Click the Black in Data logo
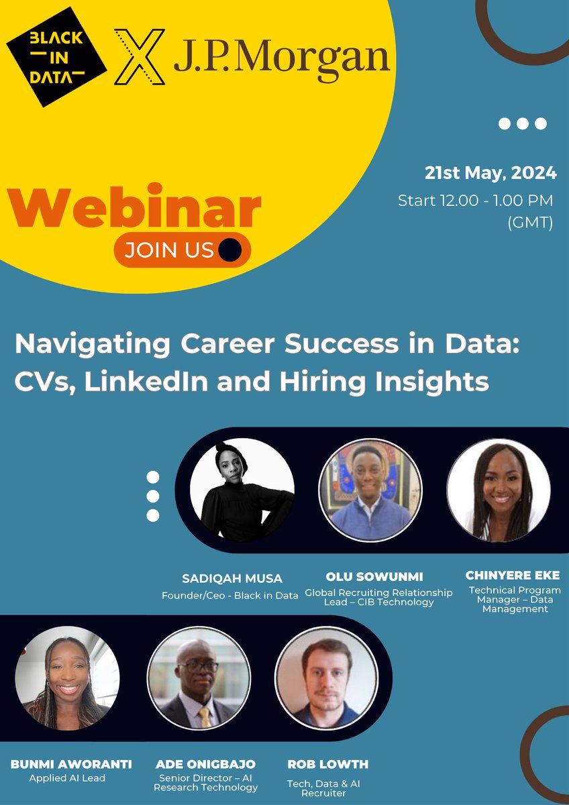56,57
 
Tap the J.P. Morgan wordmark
282,58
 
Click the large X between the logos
139,57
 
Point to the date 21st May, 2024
490,172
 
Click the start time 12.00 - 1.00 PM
476,200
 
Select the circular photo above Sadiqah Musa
242,490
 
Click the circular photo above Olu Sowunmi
370,490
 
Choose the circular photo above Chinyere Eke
499,490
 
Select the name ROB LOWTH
328,764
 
